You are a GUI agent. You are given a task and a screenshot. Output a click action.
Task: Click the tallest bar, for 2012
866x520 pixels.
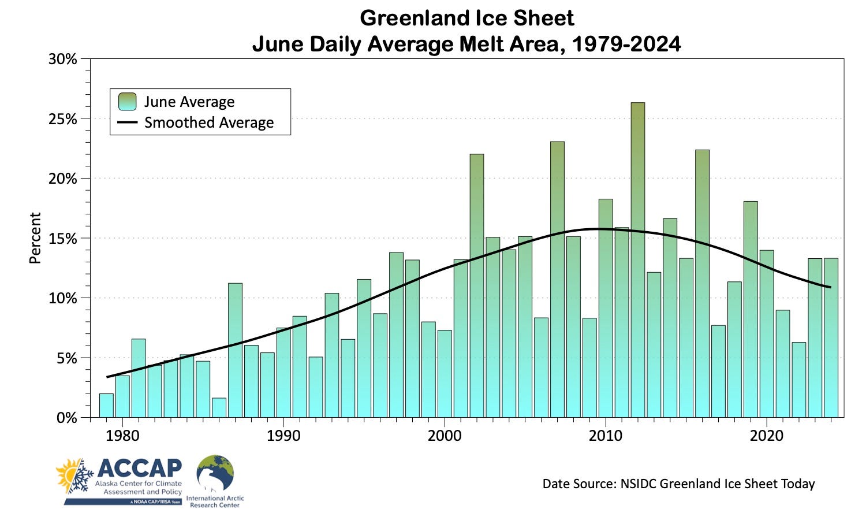[x=638, y=260]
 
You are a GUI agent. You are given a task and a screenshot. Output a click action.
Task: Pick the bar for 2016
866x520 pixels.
[x=702, y=283]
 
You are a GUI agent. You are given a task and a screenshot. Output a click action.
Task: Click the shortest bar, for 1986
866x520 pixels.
[x=219, y=407]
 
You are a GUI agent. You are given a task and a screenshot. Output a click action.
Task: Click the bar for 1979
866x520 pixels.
[x=106, y=406]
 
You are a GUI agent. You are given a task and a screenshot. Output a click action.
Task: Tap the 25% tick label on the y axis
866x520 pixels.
[x=63, y=119]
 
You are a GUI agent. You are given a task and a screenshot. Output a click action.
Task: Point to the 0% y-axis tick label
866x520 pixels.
[x=67, y=418]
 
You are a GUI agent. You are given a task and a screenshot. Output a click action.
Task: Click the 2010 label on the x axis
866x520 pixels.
[x=606, y=436]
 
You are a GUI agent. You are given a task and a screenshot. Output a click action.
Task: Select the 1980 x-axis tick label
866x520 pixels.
[x=122, y=436]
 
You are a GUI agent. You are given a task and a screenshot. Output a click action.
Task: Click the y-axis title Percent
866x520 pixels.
[x=35, y=238]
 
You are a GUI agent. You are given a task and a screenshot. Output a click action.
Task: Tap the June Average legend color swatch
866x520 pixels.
[x=127, y=102]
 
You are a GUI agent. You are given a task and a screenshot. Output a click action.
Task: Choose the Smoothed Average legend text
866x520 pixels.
[x=209, y=122]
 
